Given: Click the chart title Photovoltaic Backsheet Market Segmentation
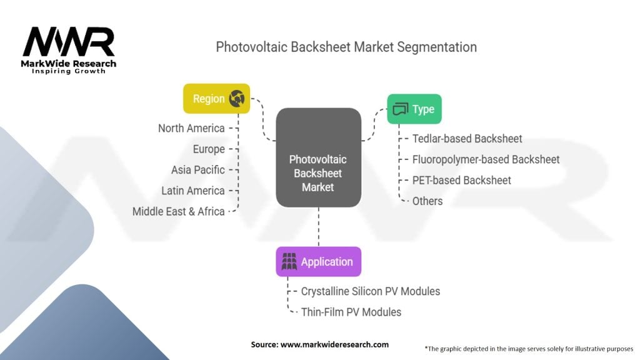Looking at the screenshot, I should coord(346,47).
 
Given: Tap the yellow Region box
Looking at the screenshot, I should coord(216,98).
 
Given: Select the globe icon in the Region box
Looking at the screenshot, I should coord(236,98).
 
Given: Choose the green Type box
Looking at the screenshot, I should coord(414,109).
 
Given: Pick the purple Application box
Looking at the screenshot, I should coord(318,262).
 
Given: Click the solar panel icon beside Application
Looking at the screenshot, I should coord(289,262).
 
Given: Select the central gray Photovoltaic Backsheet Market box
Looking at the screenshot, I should coord(319,157).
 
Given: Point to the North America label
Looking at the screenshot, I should coord(191,128).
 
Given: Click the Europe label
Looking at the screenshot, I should coord(209,149).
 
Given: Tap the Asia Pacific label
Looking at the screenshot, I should coord(197,170).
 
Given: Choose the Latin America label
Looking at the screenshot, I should coord(192,191).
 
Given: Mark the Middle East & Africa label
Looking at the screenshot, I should coord(178,211).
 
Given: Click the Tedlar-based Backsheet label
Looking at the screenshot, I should coord(467,138).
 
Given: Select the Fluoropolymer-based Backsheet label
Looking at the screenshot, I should coord(486,159).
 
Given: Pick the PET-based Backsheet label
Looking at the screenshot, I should coord(461,180).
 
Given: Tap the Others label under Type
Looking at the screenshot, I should coord(427,201).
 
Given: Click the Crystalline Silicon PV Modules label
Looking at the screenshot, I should coord(371,291).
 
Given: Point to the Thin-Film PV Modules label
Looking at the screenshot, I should coord(351,312).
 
